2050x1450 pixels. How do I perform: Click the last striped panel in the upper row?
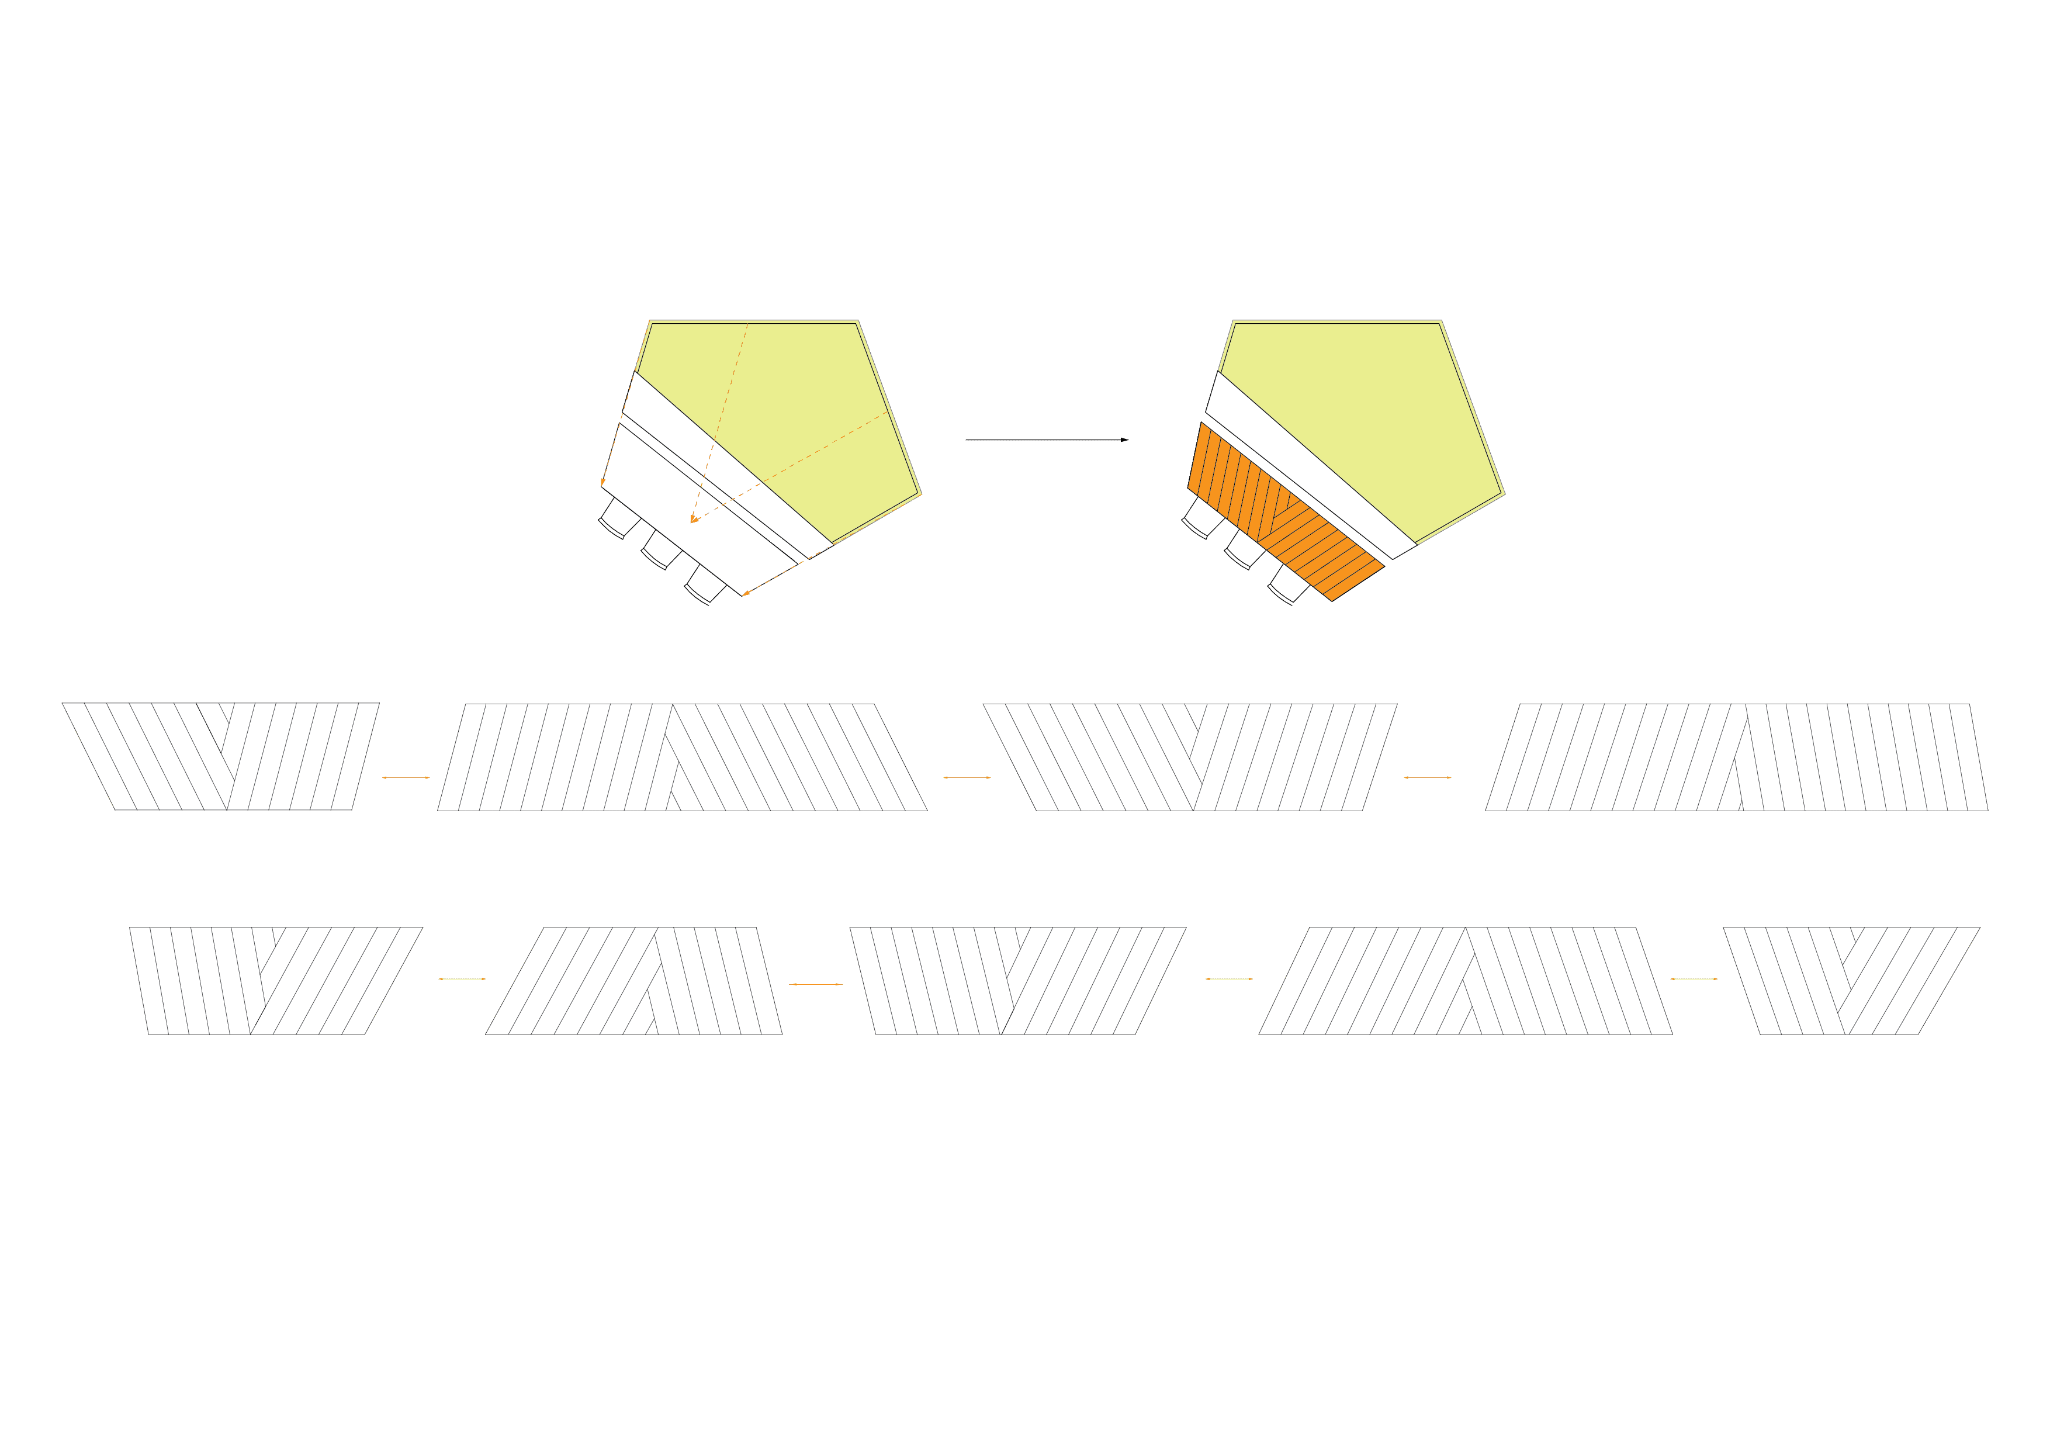[x=1737, y=757]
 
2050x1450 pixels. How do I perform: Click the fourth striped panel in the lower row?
[x=1464, y=980]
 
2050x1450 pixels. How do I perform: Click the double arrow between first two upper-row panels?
[x=406, y=778]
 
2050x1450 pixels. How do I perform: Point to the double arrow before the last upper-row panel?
[x=1428, y=778]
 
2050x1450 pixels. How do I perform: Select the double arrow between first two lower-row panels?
[x=462, y=980]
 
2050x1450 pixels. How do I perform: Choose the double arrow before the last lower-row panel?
[x=1694, y=980]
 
